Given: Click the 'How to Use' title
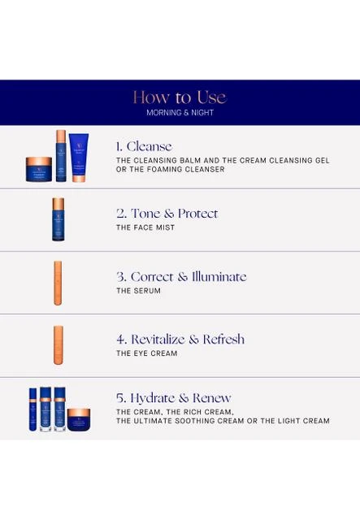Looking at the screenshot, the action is (x=180, y=97).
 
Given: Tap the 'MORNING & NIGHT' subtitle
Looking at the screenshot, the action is (x=180, y=113).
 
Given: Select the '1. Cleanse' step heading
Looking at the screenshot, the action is (x=144, y=146).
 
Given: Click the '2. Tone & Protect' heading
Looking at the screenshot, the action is (x=167, y=213).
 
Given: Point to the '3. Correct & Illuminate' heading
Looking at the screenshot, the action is (x=181, y=276).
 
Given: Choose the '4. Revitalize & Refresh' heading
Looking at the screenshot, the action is (x=180, y=339).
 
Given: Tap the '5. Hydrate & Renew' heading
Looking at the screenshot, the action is (x=174, y=398).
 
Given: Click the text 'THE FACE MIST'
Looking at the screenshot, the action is (x=145, y=227).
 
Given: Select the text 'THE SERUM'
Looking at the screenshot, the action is (x=138, y=291).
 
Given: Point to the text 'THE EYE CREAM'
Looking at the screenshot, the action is (x=146, y=353).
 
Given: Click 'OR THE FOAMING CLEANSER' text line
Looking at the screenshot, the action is (x=170, y=170).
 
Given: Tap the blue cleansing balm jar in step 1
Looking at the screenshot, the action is (x=39, y=170).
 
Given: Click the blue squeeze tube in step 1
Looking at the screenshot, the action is (x=79, y=158).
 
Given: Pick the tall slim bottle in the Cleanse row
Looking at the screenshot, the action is (x=61, y=156).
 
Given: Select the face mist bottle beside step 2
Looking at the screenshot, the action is (x=59, y=219).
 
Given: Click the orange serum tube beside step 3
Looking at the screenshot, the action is (x=58, y=283).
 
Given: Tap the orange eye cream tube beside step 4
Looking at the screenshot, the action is (x=58, y=345).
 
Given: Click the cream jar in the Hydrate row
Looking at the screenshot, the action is (x=79, y=420).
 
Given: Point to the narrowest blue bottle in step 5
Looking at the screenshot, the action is (x=33, y=409).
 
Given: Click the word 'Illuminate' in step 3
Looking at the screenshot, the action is (x=219, y=276).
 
